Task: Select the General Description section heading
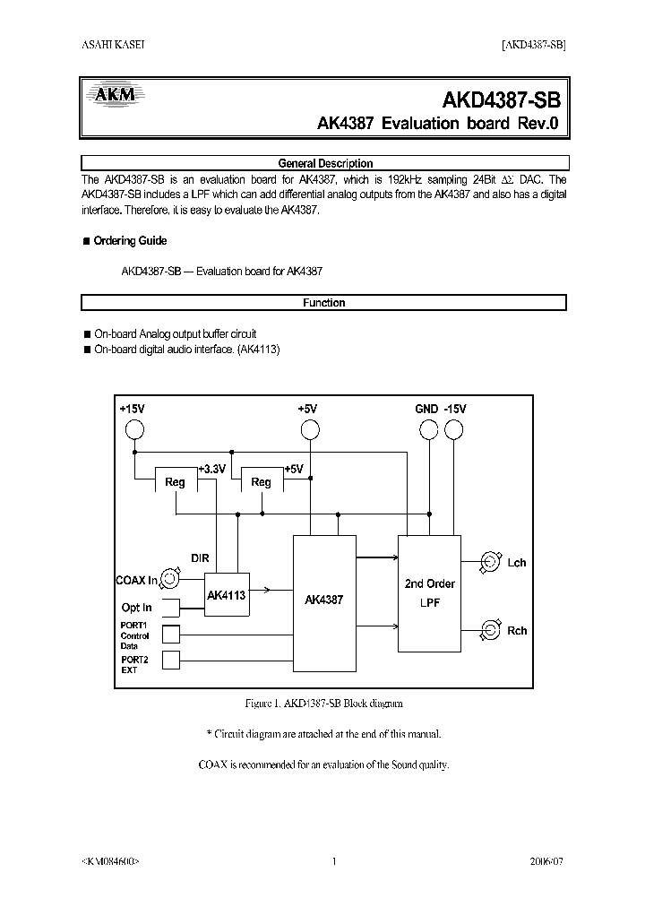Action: (324, 163)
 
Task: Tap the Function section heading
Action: (324, 303)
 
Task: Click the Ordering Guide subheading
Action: (130, 241)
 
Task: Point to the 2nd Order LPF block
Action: (429, 593)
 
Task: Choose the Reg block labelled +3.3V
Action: (176, 481)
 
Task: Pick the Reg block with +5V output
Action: (262, 481)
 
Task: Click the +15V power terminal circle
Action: (134, 431)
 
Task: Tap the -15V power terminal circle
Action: (454, 431)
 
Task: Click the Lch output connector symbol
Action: (490, 562)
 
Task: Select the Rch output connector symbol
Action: (490, 629)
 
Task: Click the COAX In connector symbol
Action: (169, 580)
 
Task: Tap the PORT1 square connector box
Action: (169, 635)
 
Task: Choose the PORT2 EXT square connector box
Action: (169, 661)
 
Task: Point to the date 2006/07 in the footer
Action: (546, 861)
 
